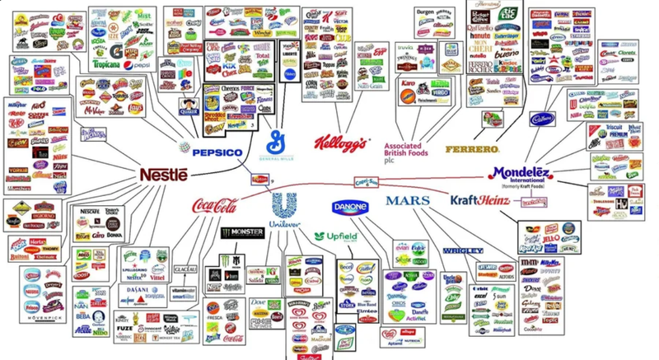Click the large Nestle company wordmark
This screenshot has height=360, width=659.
[x=163, y=175]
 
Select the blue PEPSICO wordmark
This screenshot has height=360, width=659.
[x=217, y=152]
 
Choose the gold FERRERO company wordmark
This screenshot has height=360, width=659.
[x=472, y=149]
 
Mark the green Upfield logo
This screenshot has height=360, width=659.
[x=336, y=236]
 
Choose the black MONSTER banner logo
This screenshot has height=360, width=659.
[x=241, y=233]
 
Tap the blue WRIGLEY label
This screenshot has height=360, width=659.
[x=462, y=250]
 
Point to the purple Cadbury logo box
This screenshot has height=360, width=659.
[x=542, y=118]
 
